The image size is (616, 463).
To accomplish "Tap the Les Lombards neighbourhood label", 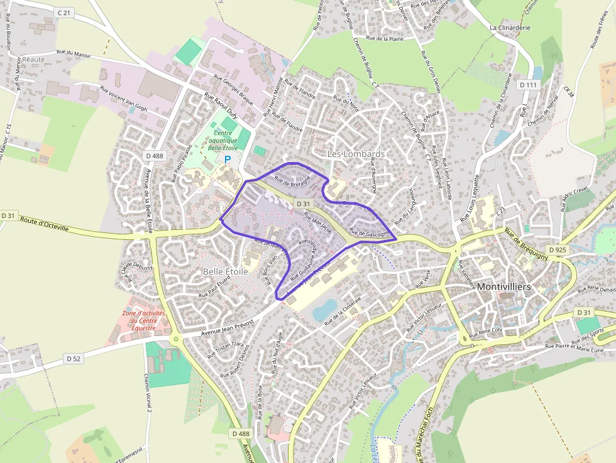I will [356, 154].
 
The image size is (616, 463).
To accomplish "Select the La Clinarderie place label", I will [510, 28].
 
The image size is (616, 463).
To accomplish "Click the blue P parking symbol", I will [228, 160].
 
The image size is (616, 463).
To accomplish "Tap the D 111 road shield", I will [529, 85].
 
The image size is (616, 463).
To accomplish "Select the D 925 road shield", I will [558, 250].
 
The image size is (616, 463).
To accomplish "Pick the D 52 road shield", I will [74, 358].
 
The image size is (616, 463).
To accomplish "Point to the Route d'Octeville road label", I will [45, 223].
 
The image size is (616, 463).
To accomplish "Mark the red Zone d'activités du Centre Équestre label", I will [144, 320].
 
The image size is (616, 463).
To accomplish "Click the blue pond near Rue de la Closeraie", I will [325, 309].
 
